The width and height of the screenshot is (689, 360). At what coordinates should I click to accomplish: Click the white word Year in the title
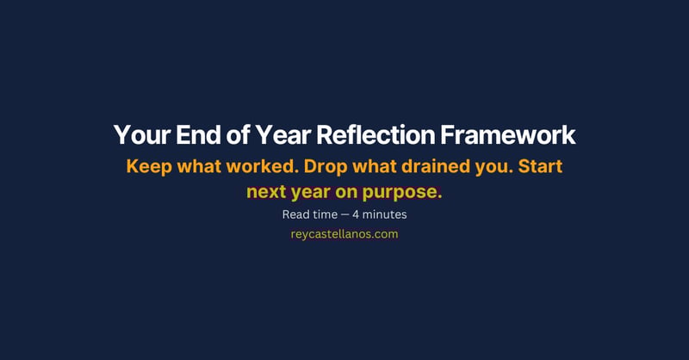[277, 136]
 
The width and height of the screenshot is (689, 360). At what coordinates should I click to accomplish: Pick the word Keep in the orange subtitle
[149, 166]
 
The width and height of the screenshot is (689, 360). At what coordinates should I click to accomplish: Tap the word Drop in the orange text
[326, 167]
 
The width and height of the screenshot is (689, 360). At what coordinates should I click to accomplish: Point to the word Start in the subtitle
[540, 166]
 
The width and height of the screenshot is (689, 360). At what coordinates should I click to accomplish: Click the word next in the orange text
[266, 192]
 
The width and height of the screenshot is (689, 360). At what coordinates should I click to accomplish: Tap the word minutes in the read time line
[386, 214]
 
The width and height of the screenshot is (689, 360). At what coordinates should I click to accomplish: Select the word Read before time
[295, 214]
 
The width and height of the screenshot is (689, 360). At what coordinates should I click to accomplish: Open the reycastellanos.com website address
[344, 233]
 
